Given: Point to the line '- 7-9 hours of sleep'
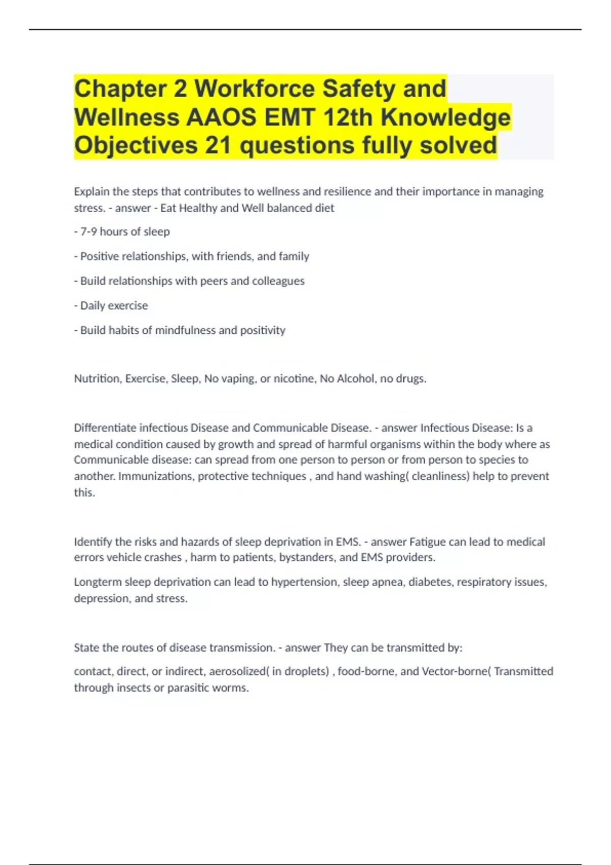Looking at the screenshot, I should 122,232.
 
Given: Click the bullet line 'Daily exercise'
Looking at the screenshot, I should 114,306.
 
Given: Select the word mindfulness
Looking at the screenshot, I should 185,330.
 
